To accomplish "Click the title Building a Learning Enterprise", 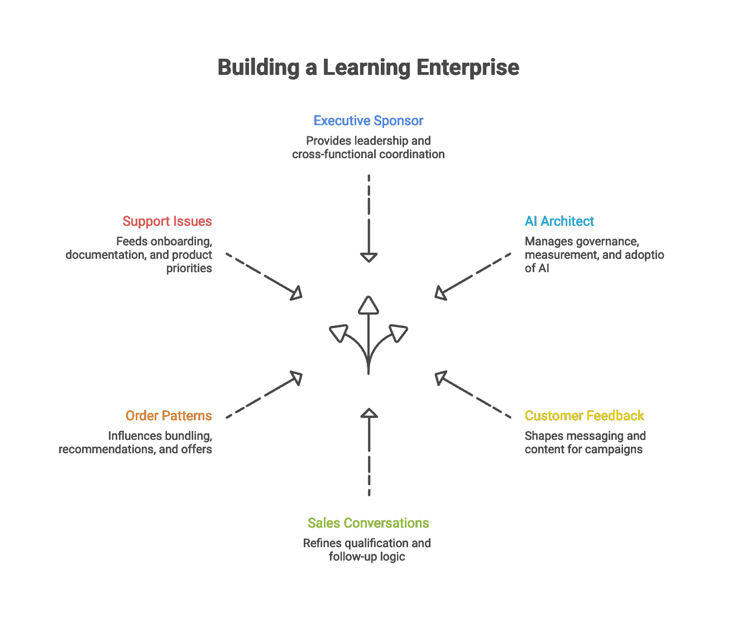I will pos(368,68).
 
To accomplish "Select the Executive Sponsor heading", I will pos(368,121).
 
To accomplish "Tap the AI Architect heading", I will pos(559,221).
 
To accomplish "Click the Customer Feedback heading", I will pos(584,416).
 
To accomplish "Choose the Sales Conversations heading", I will pos(368,523).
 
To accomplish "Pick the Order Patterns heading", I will pos(169,416).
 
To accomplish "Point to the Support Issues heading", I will pos(167,221).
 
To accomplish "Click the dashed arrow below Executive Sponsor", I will pos(368,218).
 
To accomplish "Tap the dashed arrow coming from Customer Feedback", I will pos(473,395).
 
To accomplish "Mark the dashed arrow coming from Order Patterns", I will pos(265,395).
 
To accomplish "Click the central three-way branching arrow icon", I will pos(368,335).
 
